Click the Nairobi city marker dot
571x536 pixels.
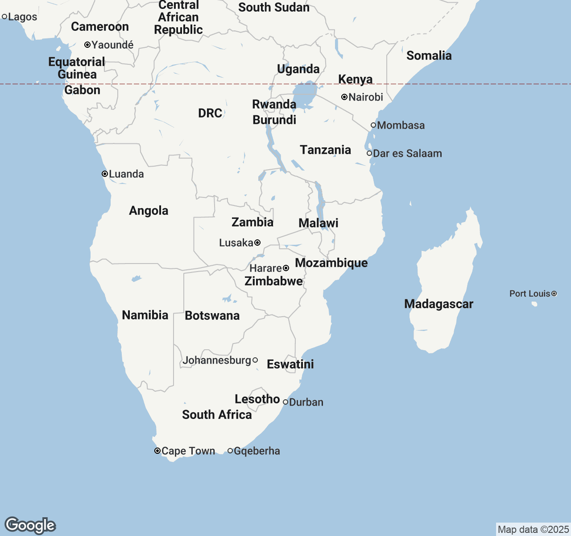pos(344,97)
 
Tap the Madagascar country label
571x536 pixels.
pos(439,304)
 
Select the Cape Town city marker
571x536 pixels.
pos(157,451)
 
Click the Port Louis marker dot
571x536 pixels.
pos(554,293)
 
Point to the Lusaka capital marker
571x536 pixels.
pos(257,243)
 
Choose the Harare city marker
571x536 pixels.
pos(286,268)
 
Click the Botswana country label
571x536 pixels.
pos(212,315)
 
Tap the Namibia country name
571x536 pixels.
pos(145,315)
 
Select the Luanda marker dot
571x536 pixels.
pos(105,174)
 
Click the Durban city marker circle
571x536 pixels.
pos(285,402)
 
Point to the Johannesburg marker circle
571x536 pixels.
pos(255,360)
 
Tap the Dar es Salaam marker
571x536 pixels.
pos(369,153)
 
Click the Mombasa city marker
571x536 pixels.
pos(373,125)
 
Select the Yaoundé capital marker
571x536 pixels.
pos(87,45)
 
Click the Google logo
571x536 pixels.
pos(30,525)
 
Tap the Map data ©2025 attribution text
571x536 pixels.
pos(533,529)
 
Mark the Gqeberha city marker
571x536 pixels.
pos(230,451)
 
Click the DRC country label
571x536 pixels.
pos(210,113)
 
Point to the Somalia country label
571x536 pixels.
pos(429,55)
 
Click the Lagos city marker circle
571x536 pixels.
pos(4,17)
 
